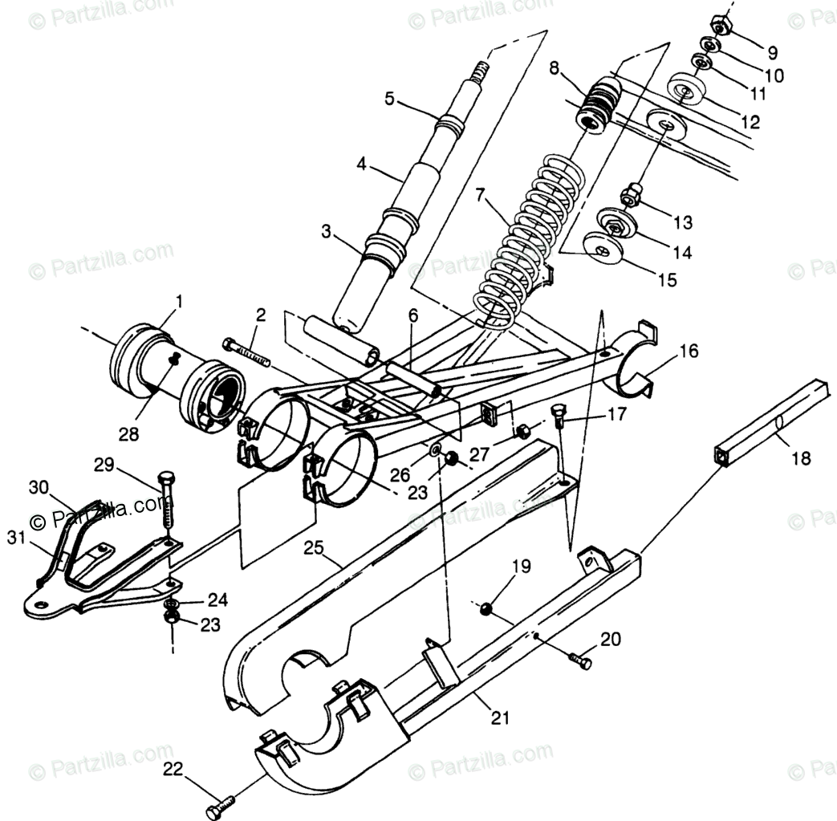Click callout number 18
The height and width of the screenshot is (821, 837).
(x=800, y=458)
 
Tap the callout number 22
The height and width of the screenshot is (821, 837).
(x=173, y=768)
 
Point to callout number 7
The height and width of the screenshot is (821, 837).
(x=479, y=193)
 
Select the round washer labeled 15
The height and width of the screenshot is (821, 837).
(x=604, y=250)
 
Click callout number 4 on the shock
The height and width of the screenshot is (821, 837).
(x=362, y=165)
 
